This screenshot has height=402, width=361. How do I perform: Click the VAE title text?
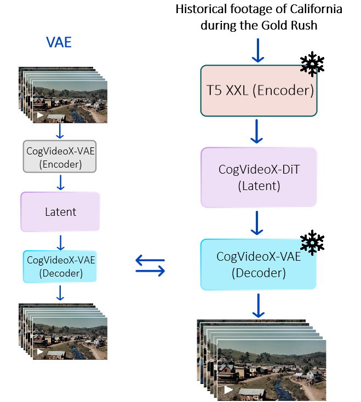coord(59,42)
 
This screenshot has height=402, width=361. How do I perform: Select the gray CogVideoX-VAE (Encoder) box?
coord(60,156)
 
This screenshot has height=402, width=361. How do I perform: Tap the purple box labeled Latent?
coord(60,211)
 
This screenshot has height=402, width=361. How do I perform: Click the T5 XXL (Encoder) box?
coord(259,91)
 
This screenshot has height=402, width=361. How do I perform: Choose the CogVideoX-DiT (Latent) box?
coord(259,177)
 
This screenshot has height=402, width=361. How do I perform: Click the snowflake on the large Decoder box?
coord(310,246)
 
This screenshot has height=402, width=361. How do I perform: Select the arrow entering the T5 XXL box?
coord(257,51)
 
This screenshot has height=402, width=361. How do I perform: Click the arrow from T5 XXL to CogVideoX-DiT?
coord(257,131)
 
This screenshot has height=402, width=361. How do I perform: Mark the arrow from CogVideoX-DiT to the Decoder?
coord(257,223)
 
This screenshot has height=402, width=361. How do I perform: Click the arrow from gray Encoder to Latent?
coord(60,182)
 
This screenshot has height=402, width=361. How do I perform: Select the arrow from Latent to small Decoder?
coord(60,241)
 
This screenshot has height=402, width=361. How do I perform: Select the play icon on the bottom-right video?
coord(228,390)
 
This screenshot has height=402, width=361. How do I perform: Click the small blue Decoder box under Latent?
coord(60,266)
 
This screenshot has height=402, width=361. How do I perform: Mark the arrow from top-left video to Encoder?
coord(60,131)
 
